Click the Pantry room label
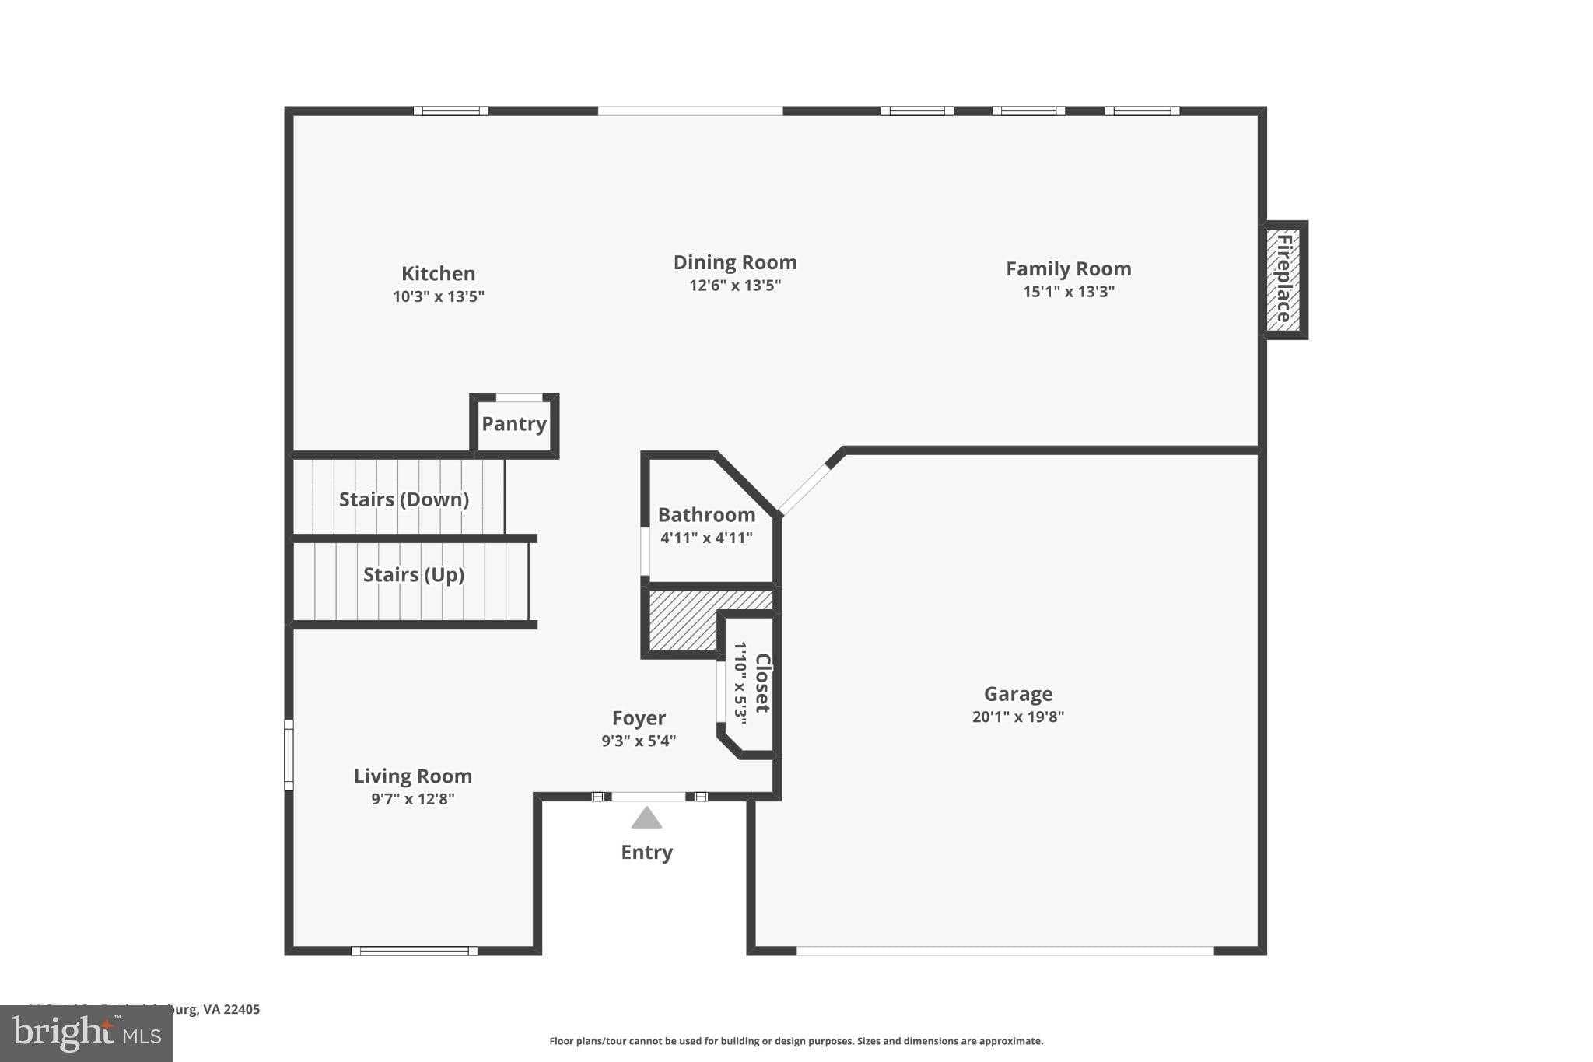tap(513, 424)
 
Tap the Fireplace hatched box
tap(1283, 279)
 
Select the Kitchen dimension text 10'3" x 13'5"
tap(438, 296)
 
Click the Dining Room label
tap(734, 262)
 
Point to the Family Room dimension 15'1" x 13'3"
tap(1068, 292)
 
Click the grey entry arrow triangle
tap(646, 818)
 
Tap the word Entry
tap(646, 853)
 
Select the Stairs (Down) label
tap(404, 499)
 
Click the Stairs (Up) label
tap(413, 575)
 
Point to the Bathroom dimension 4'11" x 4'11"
tap(706, 538)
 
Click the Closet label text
tap(762, 683)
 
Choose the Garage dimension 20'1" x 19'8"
tap(1017, 717)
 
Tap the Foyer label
tap(639, 718)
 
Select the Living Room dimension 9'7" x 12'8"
tap(412, 799)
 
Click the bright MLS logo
tap(86, 1033)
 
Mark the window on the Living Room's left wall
tap(289, 755)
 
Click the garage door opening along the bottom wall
tap(1004, 951)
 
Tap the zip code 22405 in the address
tap(242, 1009)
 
